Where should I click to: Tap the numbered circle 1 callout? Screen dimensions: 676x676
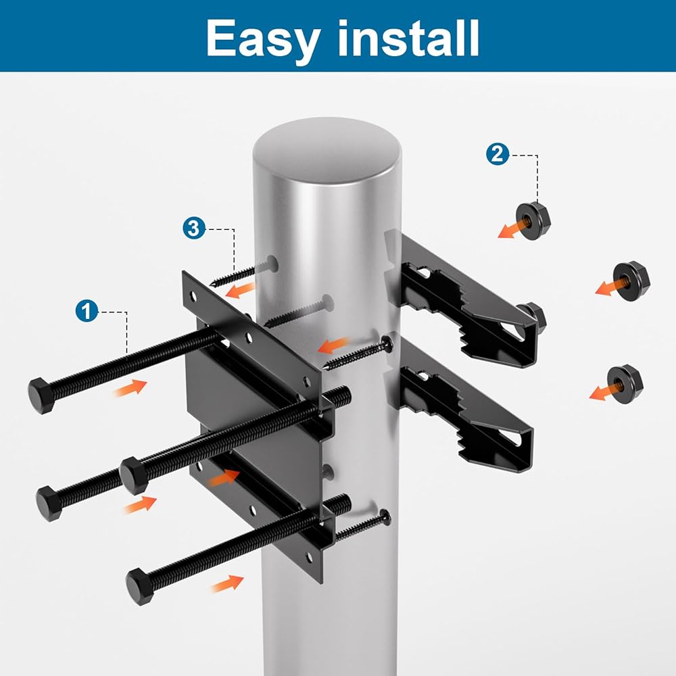(x=87, y=311)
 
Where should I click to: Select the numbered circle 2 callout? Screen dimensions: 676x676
(x=498, y=154)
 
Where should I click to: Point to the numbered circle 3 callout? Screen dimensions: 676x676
(x=194, y=228)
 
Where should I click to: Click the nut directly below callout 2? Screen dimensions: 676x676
(x=533, y=220)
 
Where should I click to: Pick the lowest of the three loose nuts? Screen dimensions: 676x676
(x=625, y=384)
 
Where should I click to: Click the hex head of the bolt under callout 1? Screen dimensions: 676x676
(x=41, y=395)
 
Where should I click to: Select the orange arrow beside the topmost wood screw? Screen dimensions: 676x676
(x=239, y=290)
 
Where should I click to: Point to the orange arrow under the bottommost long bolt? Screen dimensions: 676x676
(x=228, y=583)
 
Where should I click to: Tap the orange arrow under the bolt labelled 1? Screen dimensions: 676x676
(x=130, y=387)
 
